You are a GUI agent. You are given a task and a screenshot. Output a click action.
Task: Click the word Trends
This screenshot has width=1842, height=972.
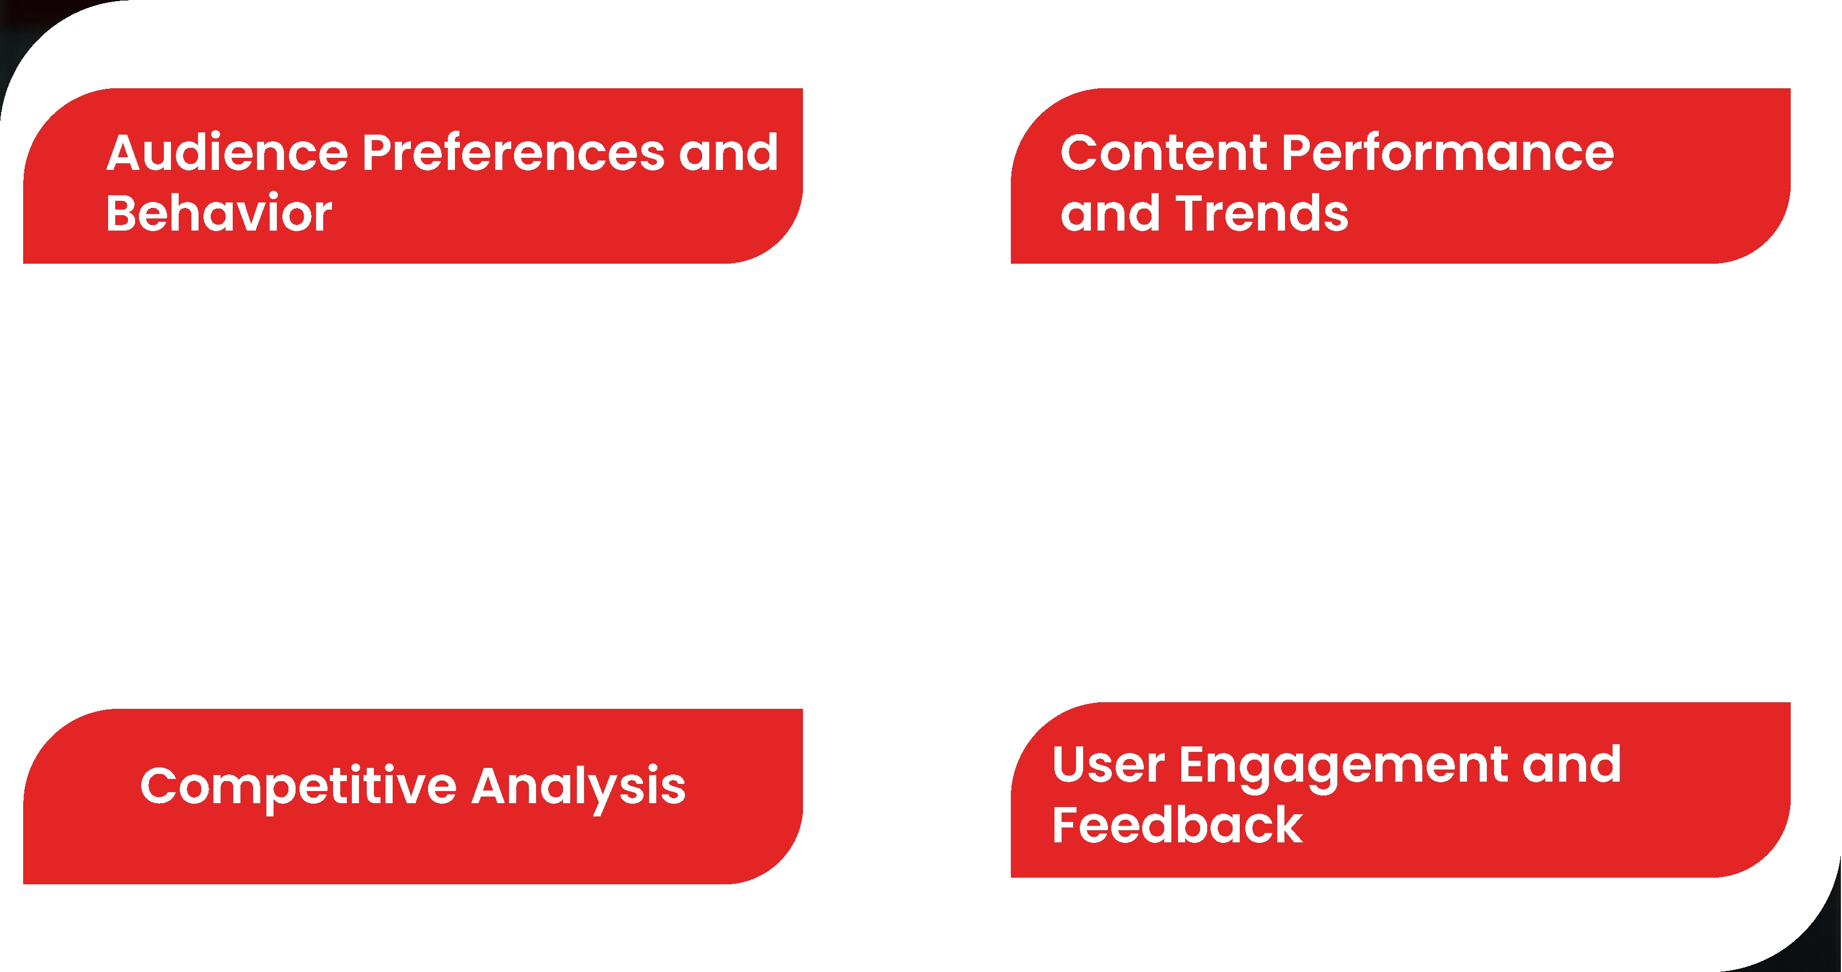[x=1262, y=213]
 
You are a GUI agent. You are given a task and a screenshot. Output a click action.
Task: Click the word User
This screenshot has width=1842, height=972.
[x=1109, y=764]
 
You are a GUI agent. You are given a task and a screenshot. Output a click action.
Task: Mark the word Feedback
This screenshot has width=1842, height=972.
[x=1177, y=825]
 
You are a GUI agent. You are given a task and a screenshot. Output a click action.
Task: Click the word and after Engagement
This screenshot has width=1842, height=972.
[x=1572, y=764]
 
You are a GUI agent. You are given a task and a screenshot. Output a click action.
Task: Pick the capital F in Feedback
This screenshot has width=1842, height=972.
[x=1067, y=825]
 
